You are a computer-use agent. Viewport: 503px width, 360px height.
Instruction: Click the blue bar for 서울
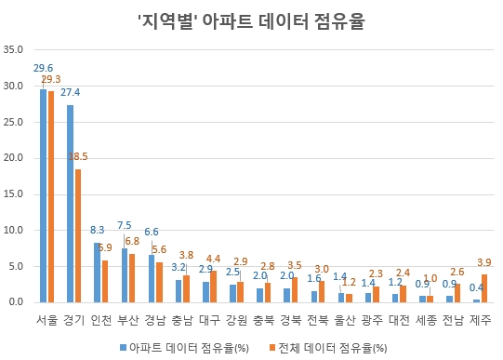pyautogui.click(x=43, y=195)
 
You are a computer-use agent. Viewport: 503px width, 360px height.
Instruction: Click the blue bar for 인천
pyautogui.click(x=98, y=272)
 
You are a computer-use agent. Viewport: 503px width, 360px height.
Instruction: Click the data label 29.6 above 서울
pyautogui.click(x=43, y=68)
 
